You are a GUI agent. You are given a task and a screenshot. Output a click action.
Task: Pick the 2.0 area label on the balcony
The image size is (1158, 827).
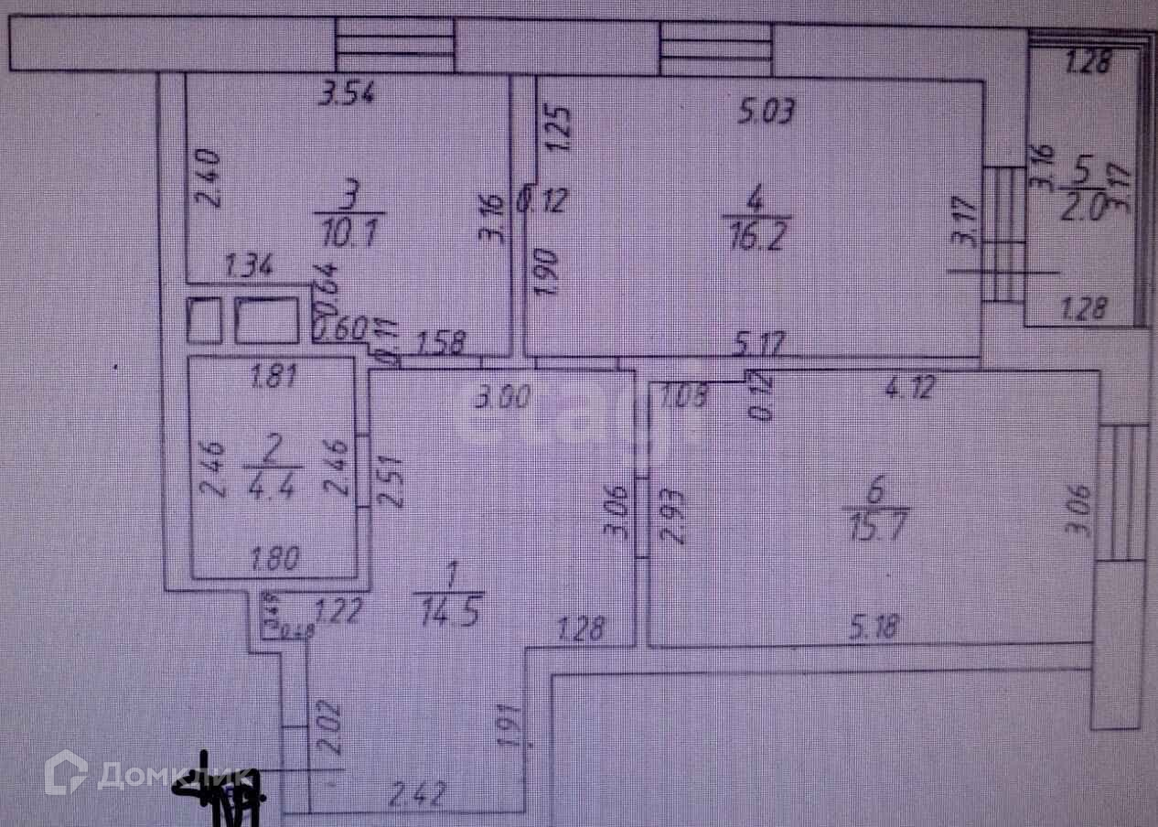point(1085,206)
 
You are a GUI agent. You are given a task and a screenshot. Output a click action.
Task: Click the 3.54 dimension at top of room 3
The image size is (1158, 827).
point(347,94)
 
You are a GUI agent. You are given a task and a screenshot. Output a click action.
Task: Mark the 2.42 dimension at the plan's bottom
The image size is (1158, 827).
point(417,794)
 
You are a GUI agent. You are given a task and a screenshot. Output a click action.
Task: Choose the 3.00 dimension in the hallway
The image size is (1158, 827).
point(502,397)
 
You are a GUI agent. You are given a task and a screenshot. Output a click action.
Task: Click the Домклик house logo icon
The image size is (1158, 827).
point(66,773)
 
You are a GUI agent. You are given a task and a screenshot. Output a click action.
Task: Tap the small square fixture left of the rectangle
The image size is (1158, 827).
point(204,320)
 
